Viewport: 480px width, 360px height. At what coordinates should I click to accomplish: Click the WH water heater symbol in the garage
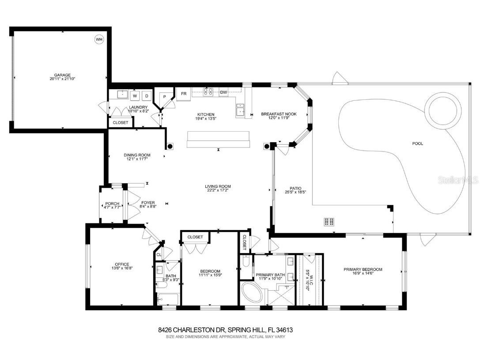[x=99, y=40]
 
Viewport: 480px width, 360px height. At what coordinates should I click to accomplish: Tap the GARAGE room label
[x=62, y=75]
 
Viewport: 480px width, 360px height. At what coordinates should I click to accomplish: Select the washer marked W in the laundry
[x=135, y=95]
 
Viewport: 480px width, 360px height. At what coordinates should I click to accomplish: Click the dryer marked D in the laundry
[x=147, y=95]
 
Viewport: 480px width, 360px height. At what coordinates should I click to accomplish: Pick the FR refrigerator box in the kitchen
[x=183, y=94]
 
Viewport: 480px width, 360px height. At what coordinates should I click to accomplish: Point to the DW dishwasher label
[x=223, y=92]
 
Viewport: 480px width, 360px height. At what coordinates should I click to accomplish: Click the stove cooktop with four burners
[x=208, y=92]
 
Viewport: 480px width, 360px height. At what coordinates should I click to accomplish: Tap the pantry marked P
[x=164, y=96]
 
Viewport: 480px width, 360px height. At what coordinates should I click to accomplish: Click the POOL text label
[x=417, y=143]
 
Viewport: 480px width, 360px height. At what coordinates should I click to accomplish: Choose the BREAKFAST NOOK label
[x=279, y=114]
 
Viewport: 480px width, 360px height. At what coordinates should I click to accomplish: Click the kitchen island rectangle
[x=219, y=139]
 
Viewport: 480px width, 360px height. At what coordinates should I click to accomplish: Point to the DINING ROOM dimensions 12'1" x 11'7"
[x=137, y=159]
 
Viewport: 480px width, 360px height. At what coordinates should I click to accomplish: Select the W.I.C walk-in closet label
[x=311, y=280]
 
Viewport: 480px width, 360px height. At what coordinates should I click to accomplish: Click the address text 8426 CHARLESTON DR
[x=192, y=330]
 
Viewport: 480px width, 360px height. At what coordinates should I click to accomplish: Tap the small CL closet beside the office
[x=159, y=254]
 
